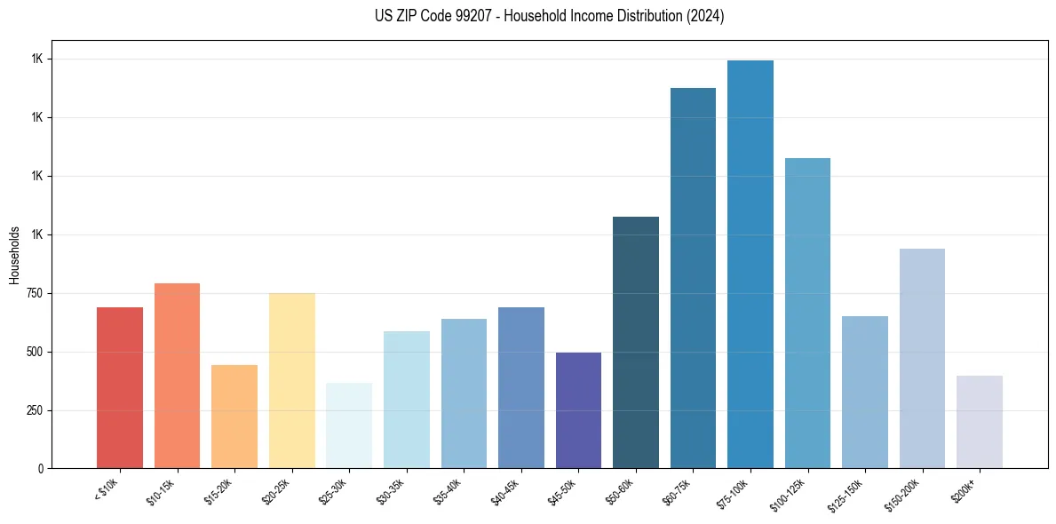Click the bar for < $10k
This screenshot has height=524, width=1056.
tap(120, 387)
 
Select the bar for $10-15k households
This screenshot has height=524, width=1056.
tap(177, 376)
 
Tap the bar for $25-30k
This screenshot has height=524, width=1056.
tap(349, 425)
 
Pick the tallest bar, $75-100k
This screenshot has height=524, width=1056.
tap(750, 264)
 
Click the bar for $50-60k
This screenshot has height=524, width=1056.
tap(636, 342)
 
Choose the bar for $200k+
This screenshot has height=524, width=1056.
tap(980, 422)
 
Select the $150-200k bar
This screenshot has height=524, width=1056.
tap(922, 358)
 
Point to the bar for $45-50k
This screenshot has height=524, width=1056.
tap(578, 410)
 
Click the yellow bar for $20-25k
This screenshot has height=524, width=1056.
tap(292, 380)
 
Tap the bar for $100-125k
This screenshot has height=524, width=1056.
tap(807, 313)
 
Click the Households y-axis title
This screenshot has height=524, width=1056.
tap(14, 254)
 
